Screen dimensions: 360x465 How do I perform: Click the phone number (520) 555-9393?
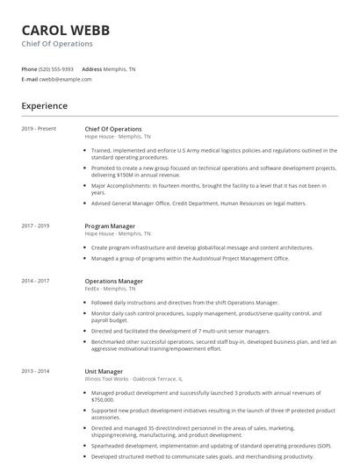coord(56,69)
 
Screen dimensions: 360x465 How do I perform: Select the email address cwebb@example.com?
coord(66,79)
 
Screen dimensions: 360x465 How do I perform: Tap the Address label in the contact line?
coord(91,69)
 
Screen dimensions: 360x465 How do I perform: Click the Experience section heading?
coord(44,106)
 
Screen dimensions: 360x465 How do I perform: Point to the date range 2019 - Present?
coord(39,129)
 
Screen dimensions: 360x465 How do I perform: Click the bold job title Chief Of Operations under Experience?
coord(113,129)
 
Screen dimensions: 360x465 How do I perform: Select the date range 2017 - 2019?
coord(36,226)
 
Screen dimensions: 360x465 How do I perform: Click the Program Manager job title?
coord(110,226)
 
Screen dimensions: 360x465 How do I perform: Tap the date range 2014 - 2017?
coord(36,281)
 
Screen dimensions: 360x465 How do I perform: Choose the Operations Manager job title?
coord(113,281)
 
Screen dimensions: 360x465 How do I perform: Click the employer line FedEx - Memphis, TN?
coord(111,288)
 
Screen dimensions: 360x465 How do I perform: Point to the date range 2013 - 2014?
coord(36,371)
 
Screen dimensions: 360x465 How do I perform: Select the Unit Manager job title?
coord(104,371)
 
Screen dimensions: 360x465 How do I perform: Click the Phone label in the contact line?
coord(30,69)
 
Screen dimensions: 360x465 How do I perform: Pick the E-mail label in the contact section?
coord(29,79)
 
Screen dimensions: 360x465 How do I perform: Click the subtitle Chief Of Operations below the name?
coord(57,43)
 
